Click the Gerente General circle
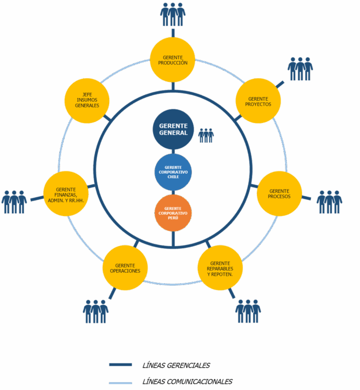click(x=173, y=129)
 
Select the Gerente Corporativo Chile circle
click(x=173, y=172)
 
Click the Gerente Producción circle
click(x=173, y=60)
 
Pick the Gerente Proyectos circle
click(x=259, y=101)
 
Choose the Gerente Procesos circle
click(x=279, y=193)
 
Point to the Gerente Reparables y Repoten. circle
click(x=220, y=268)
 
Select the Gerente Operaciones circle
click(x=125, y=268)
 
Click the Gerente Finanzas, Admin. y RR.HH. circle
click(x=66, y=193)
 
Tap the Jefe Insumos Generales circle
click(x=87, y=101)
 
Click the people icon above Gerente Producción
click(x=172, y=14)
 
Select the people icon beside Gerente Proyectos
click(x=300, y=68)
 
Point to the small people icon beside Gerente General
click(x=206, y=135)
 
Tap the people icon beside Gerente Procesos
click(x=329, y=201)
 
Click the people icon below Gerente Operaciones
click(x=96, y=311)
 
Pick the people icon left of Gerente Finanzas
click(x=14, y=201)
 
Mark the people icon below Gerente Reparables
click(x=248, y=311)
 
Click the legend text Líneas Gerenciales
click(x=176, y=365)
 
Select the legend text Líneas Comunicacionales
click(x=187, y=382)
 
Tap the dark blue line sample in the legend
click(x=120, y=365)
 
